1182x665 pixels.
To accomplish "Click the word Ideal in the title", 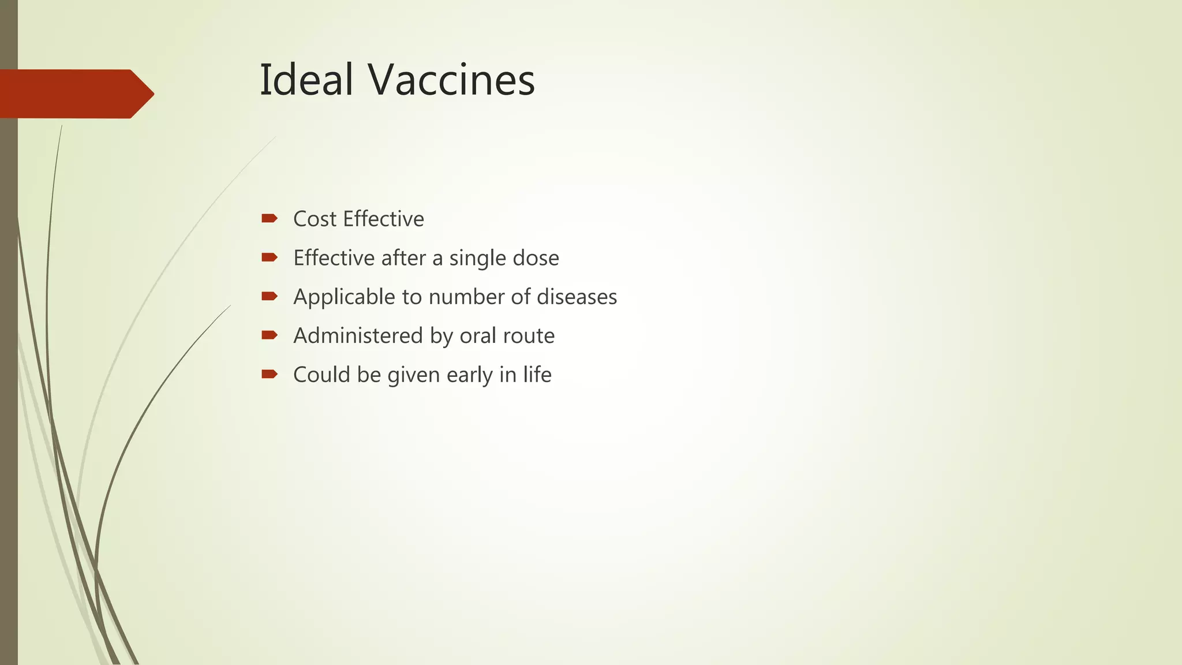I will pos(306,80).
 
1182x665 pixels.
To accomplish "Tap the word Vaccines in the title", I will pos(452,80).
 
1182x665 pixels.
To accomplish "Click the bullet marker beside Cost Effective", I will pos(270,218).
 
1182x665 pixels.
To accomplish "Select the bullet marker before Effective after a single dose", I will pos(270,257).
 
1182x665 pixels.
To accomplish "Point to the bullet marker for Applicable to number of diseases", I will pos(270,296).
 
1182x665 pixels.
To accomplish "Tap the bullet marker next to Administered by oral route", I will pos(270,335).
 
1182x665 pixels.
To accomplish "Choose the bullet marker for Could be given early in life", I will pos(270,374).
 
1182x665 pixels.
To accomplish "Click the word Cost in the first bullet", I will pos(315,219).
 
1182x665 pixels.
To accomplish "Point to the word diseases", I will pos(577,297).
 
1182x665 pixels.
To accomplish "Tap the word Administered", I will pos(358,335).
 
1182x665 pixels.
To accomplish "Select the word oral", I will pos(477,335).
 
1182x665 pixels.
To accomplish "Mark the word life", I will pos(537,374).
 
